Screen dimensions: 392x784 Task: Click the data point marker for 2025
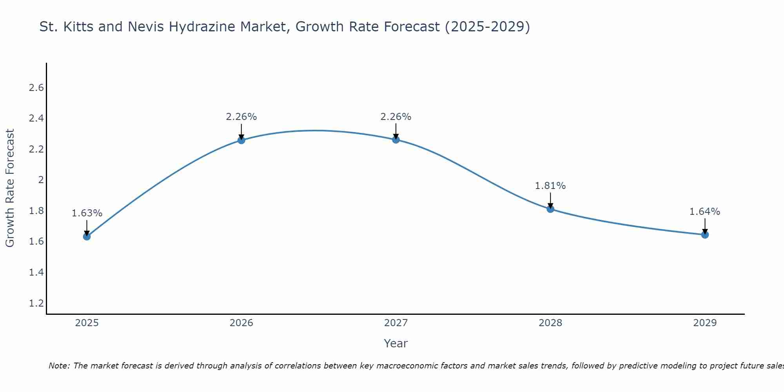click(x=87, y=236)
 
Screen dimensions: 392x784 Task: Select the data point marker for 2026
click(x=241, y=140)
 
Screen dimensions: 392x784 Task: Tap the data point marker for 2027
click(x=396, y=140)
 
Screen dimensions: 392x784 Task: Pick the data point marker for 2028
click(x=550, y=209)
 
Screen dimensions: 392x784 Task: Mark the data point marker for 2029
click(x=705, y=235)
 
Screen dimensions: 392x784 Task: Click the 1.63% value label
click(x=87, y=213)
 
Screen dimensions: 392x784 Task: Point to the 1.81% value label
click(x=550, y=186)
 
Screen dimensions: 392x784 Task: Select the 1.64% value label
click(x=705, y=212)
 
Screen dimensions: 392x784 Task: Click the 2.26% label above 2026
click(x=241, y=117)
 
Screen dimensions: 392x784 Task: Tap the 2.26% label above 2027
click(x=396, y=117)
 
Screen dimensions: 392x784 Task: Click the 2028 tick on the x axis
click(x=550, y=323)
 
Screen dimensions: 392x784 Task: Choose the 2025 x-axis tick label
click(x=87, y=323)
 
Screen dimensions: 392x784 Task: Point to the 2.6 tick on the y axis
click(x=36, y=88)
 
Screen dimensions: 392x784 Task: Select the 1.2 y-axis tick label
click(x=36, y=303)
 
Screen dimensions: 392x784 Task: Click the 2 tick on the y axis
click(x=40, y=180)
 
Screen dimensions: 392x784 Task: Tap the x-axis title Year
click(x=396, y=343)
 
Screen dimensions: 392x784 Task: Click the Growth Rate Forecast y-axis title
click(x=10, y=188)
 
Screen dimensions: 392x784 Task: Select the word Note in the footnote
click(x=58, y=366)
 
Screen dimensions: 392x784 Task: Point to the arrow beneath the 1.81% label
click(x=550, y=200)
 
